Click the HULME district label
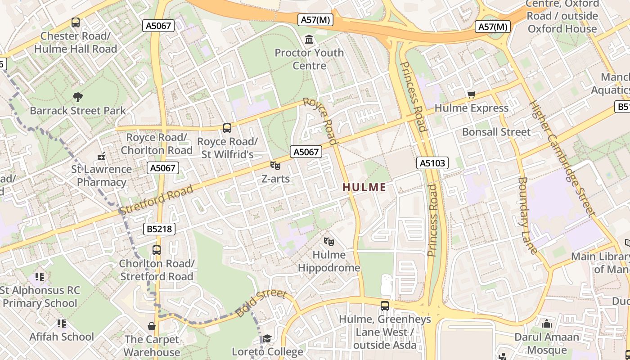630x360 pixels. [x=364, y=187]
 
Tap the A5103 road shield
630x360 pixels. [x=432, y=163]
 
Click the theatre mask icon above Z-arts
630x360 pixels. [x=275, y=166]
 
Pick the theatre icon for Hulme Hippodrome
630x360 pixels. [x=329, y=242]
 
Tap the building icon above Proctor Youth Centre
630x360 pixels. [x=309, y=40]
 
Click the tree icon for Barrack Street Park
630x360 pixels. [x=77, y=97]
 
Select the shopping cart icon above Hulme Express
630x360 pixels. [x=471, y=94]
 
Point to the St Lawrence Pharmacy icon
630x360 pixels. [x=101, y=156]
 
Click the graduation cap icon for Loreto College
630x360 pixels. [x=267, y=338]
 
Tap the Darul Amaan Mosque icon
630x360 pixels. [x=546, y=324]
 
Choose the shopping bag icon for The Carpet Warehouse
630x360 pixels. [x=152, y=326]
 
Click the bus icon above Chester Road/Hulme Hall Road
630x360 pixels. [x=76, y=22]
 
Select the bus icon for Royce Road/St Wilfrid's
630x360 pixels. [x=227, y=128]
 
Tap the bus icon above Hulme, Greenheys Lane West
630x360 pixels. [x=384, y=306]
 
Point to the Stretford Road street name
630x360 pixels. [x=156, y=199]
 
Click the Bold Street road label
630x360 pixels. [x=261, y=303]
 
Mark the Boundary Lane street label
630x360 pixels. [x=527, y=215]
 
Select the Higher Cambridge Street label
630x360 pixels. [x=562, y=157]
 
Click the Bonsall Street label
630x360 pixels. [x=496, y=132]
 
